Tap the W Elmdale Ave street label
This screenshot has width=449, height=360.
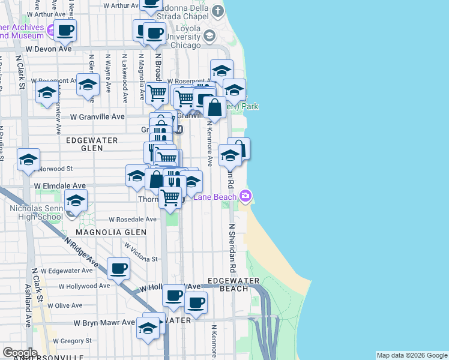pyautogui.click(x=60, y=187)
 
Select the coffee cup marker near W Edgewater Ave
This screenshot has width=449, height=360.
pyautogui.click(x=118, y=268)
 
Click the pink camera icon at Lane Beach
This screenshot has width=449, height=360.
pyautogui.click(x=246, y=196)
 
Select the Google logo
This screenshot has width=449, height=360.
pyautogui.click(x=20, y=353)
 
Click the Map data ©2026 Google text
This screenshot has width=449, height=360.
pyautogui.click(x=412, y=355)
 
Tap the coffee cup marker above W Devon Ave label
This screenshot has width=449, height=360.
pyautogui.click(x=65, y=29)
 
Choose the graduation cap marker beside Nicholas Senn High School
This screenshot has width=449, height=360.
pyautogui.click(x=76, y=200)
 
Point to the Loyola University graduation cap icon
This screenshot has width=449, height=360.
pyautogui.click(x=209, y=36)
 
